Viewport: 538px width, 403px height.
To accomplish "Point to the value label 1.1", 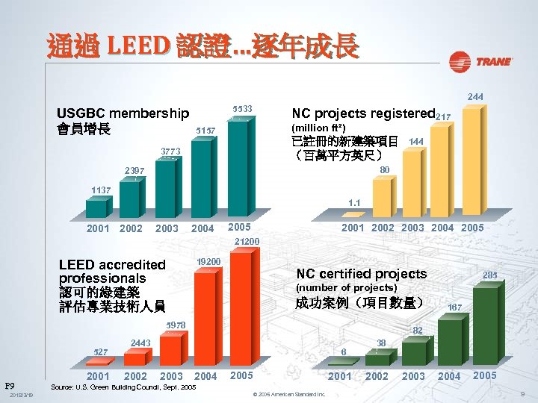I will point(354,202).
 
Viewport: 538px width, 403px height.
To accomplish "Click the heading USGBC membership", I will point(123,113).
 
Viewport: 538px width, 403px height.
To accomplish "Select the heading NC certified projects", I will point(362,274).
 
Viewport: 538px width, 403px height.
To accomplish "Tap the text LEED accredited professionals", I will point(112,271).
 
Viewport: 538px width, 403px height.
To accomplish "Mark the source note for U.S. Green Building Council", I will point(123,388).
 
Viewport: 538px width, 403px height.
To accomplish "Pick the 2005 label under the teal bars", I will point(239,227).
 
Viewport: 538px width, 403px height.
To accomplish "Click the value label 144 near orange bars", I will point(416,141).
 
